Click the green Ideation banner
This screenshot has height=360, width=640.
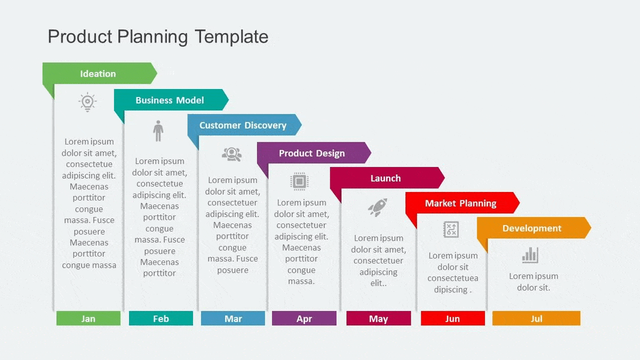coord(98,74)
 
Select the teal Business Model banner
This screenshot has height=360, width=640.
coord(170,100)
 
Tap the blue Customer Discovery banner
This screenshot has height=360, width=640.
coord(243,125)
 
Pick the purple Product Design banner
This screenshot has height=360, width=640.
coord(312,153)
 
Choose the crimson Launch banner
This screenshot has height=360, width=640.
coord(386,178)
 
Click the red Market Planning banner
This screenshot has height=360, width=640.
coord(460,203)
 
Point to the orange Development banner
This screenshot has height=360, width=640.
coord(532,228)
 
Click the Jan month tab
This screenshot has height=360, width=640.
coord(89,318)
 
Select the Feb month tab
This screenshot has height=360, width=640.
coord(161,318)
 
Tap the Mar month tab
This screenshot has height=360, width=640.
coord(233,318)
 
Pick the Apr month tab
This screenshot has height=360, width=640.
coord(304,318)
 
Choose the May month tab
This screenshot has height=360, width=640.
coord(379,318)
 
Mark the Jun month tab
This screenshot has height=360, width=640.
coord(453,318)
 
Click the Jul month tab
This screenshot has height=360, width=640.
coord(536,318)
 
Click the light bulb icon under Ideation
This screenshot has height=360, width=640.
coord(87,102)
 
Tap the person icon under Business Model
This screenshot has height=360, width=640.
coord(158,131)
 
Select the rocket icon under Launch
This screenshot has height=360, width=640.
coord(378,207)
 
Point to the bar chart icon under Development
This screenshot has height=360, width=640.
coord(530,255)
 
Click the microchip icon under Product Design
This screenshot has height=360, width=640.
coord(299,181)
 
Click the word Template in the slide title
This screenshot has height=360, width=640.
coord(231,37)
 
